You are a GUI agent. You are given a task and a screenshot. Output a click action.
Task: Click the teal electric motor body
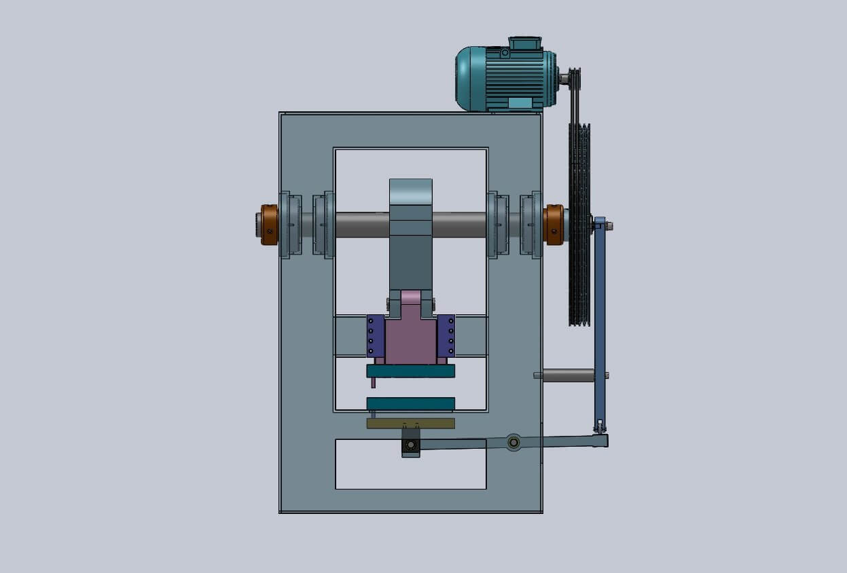point(506,76)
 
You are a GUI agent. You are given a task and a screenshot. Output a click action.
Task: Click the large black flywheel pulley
point(579,224)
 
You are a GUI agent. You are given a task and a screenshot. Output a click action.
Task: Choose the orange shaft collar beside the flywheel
point(554,225)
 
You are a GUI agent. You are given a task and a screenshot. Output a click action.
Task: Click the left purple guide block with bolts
point(376,335)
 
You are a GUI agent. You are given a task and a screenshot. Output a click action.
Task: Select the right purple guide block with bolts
point(446,335)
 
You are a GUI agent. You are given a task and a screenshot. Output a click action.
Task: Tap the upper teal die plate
point(410,371)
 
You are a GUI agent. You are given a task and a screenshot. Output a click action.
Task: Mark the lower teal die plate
point(410,404)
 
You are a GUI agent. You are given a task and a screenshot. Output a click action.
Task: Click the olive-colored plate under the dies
point(410,423)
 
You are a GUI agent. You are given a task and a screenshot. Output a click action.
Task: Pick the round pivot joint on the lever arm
point(514,443)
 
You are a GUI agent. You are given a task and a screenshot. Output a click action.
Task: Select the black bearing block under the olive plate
point(410,445)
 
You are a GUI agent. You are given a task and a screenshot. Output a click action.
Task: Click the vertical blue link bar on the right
point(600,319)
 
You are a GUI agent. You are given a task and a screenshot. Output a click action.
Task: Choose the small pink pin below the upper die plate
point(373,383)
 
